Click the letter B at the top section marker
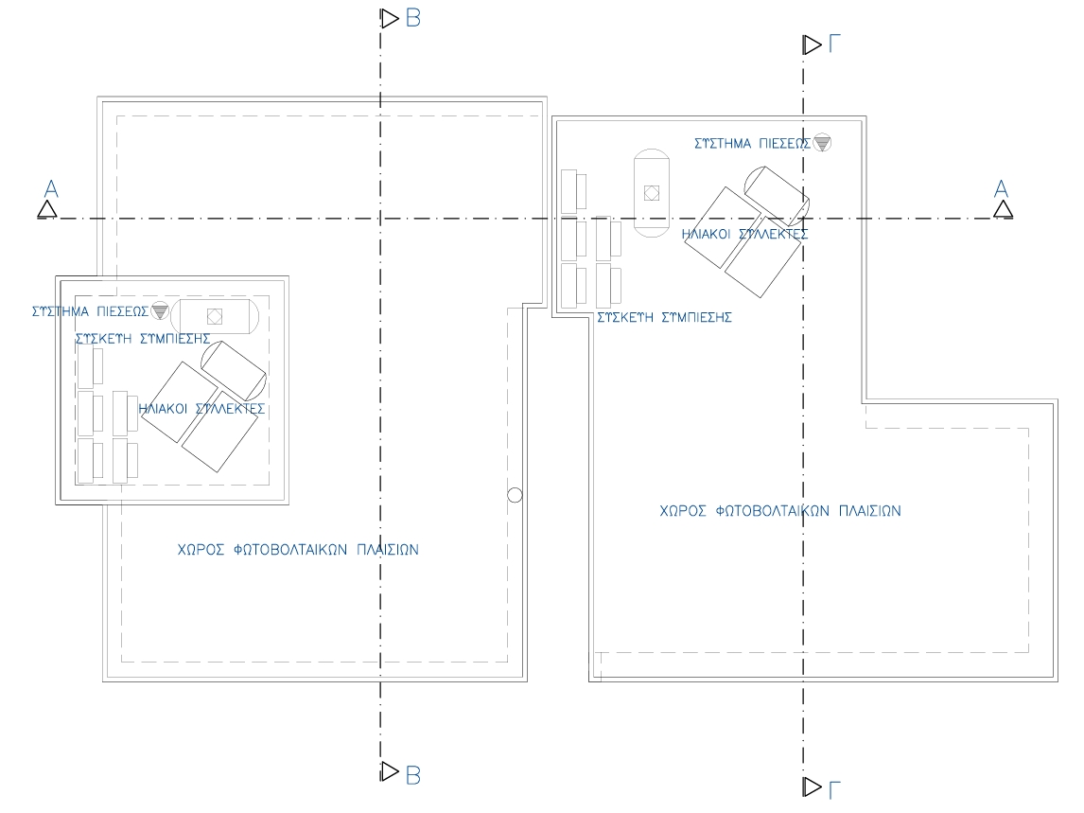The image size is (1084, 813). (x=412, y=18)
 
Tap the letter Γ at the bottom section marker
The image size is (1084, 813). (x=834, y=788)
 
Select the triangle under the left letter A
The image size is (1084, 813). (x=47, y=209)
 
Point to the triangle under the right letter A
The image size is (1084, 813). (x=1003, y=209)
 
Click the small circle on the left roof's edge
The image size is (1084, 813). (x=515, y=495)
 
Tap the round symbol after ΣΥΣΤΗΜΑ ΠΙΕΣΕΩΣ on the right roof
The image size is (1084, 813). (x=822, y=144)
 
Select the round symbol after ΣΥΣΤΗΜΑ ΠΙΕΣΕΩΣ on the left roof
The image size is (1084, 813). (x=159, y=309)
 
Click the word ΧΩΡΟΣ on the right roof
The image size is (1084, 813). (x=678, y=510)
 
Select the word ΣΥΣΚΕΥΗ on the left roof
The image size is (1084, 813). (x=104, y=337)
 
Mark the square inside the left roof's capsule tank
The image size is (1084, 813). (x=215, y=316)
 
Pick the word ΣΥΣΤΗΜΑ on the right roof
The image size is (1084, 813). (x=724, y=145)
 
